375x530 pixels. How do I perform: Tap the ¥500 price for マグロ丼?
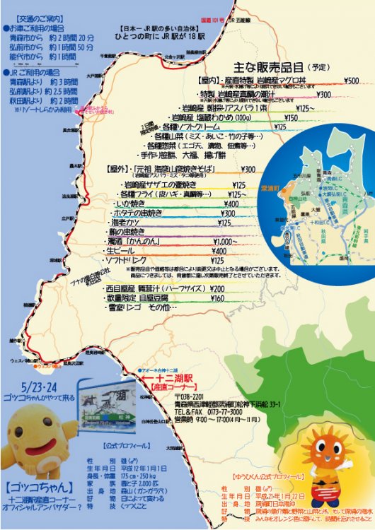click(351, 81)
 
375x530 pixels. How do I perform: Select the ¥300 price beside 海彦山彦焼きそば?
click(248, 170)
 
